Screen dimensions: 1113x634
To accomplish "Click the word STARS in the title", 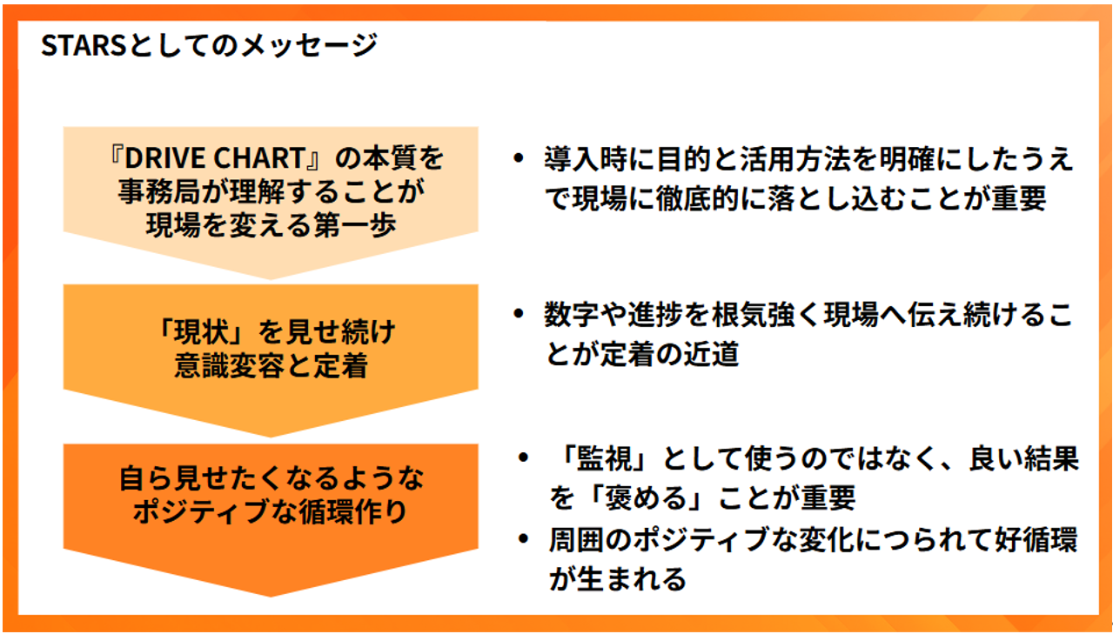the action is (x=83, y=46).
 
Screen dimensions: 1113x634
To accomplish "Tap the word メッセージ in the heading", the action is (x=310, y=46).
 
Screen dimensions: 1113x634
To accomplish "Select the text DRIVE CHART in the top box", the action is (x=214, y=158).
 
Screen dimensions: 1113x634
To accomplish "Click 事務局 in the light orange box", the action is (x=158, y=191).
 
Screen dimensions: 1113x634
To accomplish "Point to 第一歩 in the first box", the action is (x=355, y=225).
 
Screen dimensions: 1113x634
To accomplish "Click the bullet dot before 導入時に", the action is (x=519, y=158).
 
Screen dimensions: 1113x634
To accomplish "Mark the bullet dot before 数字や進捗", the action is (x=519, y=314).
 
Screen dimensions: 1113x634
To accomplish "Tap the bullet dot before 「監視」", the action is (x=523, y=457).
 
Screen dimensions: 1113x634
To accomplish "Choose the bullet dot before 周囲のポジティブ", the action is (x=523, y=539).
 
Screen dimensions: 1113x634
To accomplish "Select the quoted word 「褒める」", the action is (x=645, y=498).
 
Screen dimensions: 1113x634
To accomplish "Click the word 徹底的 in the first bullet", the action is (x=697, y=198).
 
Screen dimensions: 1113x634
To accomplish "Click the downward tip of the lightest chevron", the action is (x=271, y=279).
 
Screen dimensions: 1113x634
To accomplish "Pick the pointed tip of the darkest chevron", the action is (x=271, y=597).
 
